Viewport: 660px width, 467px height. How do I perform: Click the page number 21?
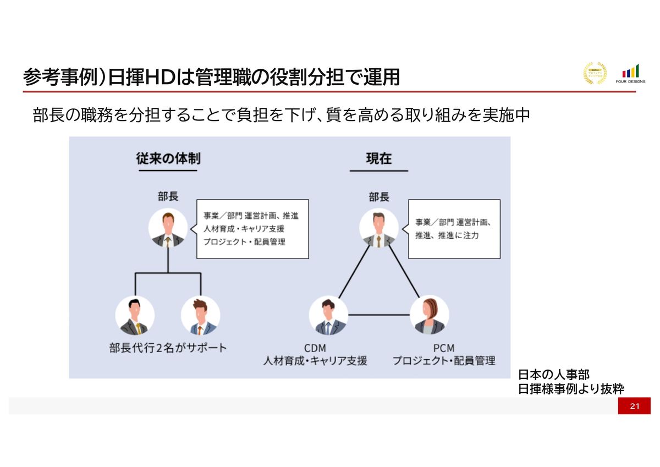pos(634,406)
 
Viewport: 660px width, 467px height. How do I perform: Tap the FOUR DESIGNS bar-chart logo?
pos(631,73)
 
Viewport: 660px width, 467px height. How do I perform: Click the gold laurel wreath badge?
pos(595,73)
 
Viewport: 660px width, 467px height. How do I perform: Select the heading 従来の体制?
pos(168,159)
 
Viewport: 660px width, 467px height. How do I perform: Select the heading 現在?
pos(379,159)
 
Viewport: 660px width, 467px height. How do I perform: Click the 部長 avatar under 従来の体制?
pos(168,228)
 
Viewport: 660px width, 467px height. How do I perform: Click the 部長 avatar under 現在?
pos(378,228)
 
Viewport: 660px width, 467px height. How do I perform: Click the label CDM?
pos(315,348)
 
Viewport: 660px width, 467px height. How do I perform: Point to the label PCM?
pos(443,348)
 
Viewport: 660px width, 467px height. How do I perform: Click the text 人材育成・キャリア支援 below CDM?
pos(315,361)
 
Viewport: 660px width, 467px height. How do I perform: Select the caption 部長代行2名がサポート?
pos(168,348)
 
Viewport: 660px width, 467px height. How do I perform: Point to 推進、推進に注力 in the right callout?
pos(447,235)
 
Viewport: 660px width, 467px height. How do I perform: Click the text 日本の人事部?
pos(554,375)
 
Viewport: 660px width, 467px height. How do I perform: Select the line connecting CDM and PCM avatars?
pos(378,315)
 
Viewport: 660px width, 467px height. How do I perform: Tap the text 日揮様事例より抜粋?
pos(571,389)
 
